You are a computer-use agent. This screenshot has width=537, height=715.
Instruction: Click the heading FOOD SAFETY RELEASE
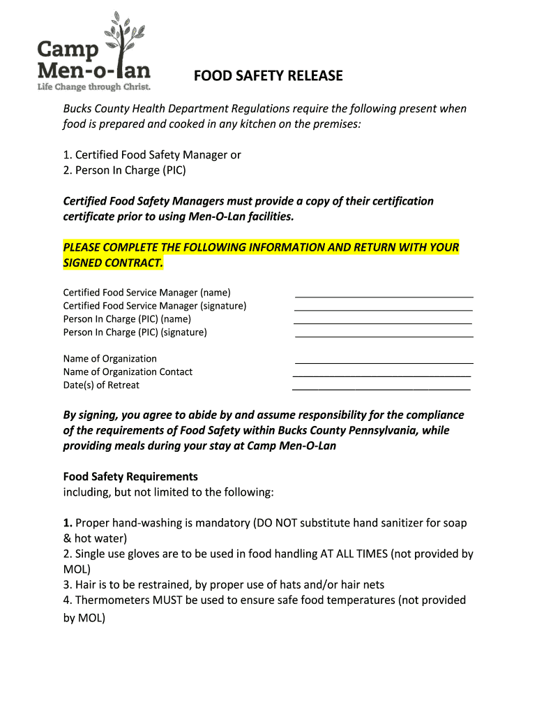(268, 75)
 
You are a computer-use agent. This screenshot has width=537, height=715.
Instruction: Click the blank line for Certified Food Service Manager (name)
(384, 297)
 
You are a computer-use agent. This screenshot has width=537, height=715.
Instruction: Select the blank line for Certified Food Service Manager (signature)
(384, 309)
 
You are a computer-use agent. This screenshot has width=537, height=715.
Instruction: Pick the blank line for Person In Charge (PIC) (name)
(383, 323)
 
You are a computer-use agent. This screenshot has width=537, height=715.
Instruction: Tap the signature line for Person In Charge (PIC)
(384, 337)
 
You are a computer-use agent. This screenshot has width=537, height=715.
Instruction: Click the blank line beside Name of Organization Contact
(381, 376)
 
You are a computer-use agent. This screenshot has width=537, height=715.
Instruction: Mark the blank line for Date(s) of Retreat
(381, 389)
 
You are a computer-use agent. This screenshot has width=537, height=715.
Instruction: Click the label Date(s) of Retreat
(101, 385)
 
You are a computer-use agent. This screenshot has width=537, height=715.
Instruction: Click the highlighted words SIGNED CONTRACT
(113, 263)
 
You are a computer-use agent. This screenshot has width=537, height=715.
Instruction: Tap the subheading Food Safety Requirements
(130, 477)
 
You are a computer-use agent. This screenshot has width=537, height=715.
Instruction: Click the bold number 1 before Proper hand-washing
(68, 523)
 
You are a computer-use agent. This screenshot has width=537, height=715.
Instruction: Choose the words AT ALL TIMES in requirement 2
(354, 554)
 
